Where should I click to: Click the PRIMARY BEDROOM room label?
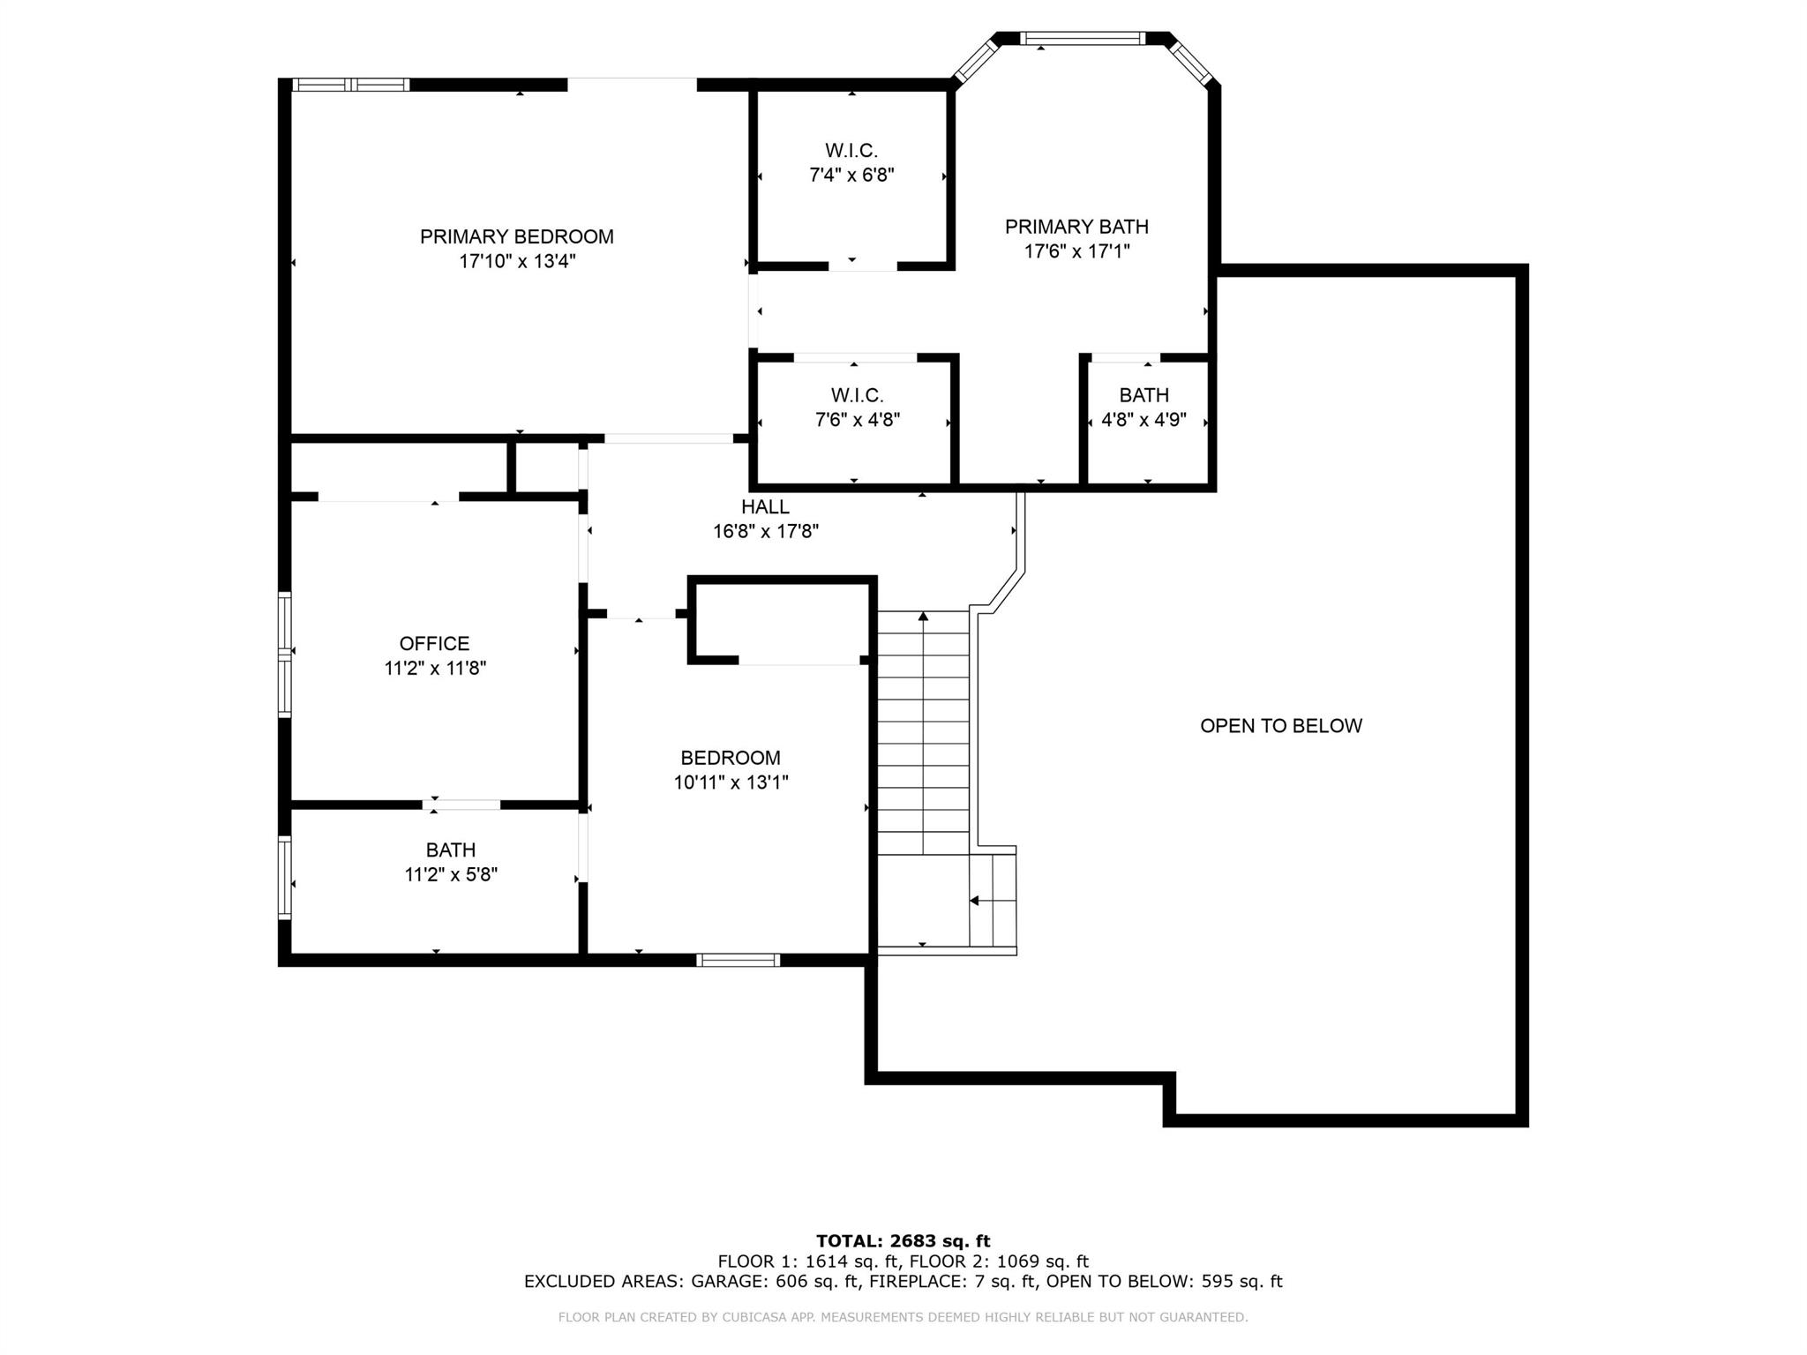coord(516,236)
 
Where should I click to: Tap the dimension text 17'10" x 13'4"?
coord(517,261)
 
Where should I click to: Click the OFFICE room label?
coord(434,644)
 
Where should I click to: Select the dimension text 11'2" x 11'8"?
coord(435,669)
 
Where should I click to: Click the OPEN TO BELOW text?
coord(1281,726)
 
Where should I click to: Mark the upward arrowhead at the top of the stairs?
coord(924,617)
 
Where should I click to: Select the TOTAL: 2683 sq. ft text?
coord(903,1241)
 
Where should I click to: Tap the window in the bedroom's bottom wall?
coord(739,960)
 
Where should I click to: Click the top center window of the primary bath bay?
coord(1082,38)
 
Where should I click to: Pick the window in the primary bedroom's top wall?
coord(350,85)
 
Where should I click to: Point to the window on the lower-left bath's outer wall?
coord(284,878)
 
